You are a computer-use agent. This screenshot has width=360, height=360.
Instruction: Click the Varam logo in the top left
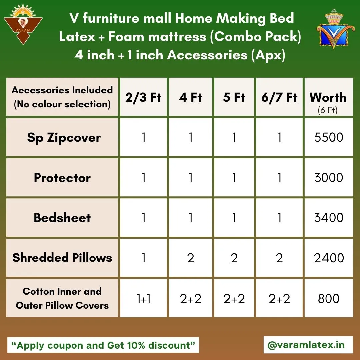click(x=23, y=25)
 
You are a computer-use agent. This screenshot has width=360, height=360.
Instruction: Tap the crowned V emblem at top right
click(x=334, y=29)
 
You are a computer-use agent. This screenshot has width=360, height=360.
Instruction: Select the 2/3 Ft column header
click(x=143, y=97)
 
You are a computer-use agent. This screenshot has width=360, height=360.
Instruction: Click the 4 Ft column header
click(x=190, y=97)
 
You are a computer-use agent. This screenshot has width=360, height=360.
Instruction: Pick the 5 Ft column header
click(x=234, y=97)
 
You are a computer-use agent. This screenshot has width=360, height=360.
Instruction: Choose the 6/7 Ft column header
click(x=279, y=97)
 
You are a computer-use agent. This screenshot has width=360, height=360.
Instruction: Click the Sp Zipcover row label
click(x=64, y=138)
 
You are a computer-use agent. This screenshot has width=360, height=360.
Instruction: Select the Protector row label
click(x=62, y=177)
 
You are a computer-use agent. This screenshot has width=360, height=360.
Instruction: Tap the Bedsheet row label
click(x=62, y=217)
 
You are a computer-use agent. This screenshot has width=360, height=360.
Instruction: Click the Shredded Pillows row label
click(x=62, y=257)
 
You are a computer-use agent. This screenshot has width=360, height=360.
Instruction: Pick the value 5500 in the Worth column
click(x=329, y=137)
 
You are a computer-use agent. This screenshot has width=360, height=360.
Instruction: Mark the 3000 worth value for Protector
click(x=329, y=177)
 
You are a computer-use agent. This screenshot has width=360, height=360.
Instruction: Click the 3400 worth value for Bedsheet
click(x=329, y=217)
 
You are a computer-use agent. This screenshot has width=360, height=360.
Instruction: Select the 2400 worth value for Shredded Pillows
click(x=329, y=258)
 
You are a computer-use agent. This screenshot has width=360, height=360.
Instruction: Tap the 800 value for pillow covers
click(x=329, y=298)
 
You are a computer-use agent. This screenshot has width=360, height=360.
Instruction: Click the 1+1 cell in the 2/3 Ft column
click(x=144, y=298)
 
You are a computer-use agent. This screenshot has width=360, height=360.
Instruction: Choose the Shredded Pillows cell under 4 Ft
click(x=191, y=258)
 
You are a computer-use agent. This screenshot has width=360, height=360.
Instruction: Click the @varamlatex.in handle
click(x=306, y=345)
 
